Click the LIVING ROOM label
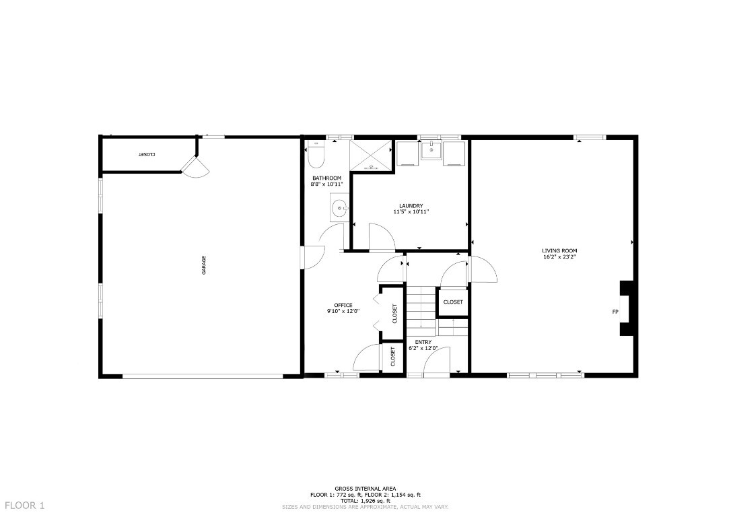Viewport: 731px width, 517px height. [559, 250]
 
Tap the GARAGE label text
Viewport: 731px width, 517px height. [204, 265]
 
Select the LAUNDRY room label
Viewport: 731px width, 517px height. [411, 205]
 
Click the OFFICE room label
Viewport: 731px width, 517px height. [343, 305]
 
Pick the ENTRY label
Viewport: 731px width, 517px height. [423, 342]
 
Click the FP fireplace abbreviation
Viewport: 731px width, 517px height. [615, 312]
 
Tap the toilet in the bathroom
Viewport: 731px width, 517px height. [316, 156]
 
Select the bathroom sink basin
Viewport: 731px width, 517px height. [339, 209]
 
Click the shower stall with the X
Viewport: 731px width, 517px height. [371, 156]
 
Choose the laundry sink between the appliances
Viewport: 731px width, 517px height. [431, 151]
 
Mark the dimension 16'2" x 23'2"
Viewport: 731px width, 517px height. [559, 256]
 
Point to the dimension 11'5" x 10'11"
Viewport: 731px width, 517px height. [411, 211]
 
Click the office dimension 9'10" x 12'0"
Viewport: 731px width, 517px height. [343, 311]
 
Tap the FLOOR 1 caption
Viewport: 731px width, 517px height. [24, 505]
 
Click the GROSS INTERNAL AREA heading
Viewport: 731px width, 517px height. [365, 488]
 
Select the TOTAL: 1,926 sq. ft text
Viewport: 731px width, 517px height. [365, 500]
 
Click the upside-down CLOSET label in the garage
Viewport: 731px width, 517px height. [147, 154]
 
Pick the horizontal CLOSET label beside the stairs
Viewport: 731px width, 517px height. [453, 302]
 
